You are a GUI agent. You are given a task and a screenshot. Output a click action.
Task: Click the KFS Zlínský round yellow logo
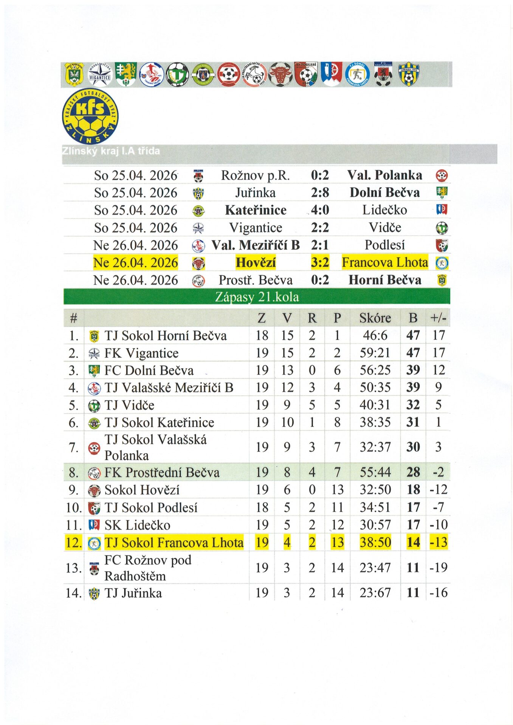90,116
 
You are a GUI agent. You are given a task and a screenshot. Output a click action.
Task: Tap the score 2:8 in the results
320,193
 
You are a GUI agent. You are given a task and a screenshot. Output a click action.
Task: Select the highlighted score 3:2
320,262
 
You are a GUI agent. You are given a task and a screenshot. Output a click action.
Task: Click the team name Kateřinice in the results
256,210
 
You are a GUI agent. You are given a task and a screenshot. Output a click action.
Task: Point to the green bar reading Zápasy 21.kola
257,297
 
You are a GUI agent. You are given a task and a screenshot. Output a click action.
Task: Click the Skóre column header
375,318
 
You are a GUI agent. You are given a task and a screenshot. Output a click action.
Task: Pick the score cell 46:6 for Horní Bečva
375,336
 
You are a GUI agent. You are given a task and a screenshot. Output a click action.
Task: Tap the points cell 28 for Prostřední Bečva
413,472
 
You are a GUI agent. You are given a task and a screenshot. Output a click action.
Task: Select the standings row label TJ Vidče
129,406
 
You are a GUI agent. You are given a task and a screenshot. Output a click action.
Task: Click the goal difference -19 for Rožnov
438,568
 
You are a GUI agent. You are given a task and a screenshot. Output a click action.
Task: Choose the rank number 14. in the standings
74,593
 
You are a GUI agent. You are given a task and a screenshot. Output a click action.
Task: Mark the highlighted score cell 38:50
375,543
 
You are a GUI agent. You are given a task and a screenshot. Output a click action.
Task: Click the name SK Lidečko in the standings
137,525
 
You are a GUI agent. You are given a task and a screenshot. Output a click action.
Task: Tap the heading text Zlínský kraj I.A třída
111,151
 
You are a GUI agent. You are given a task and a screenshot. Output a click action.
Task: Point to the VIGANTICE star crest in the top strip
100,74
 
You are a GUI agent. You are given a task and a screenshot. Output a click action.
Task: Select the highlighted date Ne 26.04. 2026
135,263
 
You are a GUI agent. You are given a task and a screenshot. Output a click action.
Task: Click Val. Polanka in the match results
384,176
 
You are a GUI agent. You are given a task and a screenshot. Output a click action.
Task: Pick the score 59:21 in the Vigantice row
375,353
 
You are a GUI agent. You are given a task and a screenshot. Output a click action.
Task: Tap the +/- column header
438,318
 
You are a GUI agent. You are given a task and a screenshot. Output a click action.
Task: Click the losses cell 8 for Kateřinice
337,423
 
